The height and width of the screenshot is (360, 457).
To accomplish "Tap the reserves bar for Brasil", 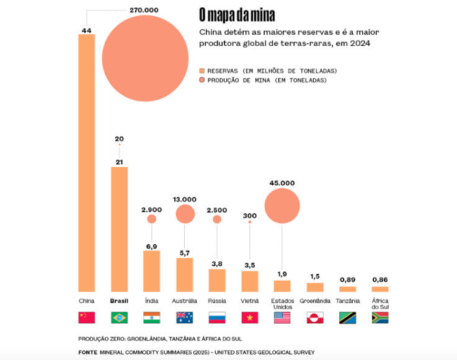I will pyautogui.click(x=119, y=229).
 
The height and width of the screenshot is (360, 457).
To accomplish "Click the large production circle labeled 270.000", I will pyautogui.click(x=145, y=58).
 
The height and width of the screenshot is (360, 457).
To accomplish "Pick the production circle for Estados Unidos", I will pyautogui.click(x=282, y=206).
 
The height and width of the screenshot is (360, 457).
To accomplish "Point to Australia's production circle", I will pyautogui.click(x=185, y=214).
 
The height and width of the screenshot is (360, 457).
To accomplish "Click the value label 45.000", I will pyautogui.click(x=282, y=183).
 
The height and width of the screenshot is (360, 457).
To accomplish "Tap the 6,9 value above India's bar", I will pyautogui.click(x=151, y=246).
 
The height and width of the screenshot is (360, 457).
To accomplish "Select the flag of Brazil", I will pyautogui.click(x=119, y=318).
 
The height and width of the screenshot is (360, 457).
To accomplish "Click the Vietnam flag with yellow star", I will pyautogui.click(x=249, y=318).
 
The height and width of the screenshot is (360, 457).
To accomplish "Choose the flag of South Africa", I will pyautogui.click(x=379, y=318).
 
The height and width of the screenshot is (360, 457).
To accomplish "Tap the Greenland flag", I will pyautogui.click(x=315, y=318).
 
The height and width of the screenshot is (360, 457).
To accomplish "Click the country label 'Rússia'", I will pyautogui.click(x=216, y=301).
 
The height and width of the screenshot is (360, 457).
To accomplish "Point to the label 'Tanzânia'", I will pyautogui.click(x=347, y=301).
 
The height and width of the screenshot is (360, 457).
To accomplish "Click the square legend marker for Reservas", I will pyautogui.click(x=202, y=71).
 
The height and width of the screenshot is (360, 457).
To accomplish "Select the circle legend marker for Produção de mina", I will pyautogui.click(x=202, y=81).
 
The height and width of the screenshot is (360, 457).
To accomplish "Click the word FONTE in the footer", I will pyautogui.click(x=88, y=352).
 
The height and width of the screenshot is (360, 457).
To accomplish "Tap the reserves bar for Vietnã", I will pyautogui.click(x=249, y=281).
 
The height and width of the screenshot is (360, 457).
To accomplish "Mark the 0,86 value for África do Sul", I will pyautogui.click(x=379, y=279).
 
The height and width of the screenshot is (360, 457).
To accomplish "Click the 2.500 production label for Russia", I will pyautogui.click(x=217, y=209).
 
